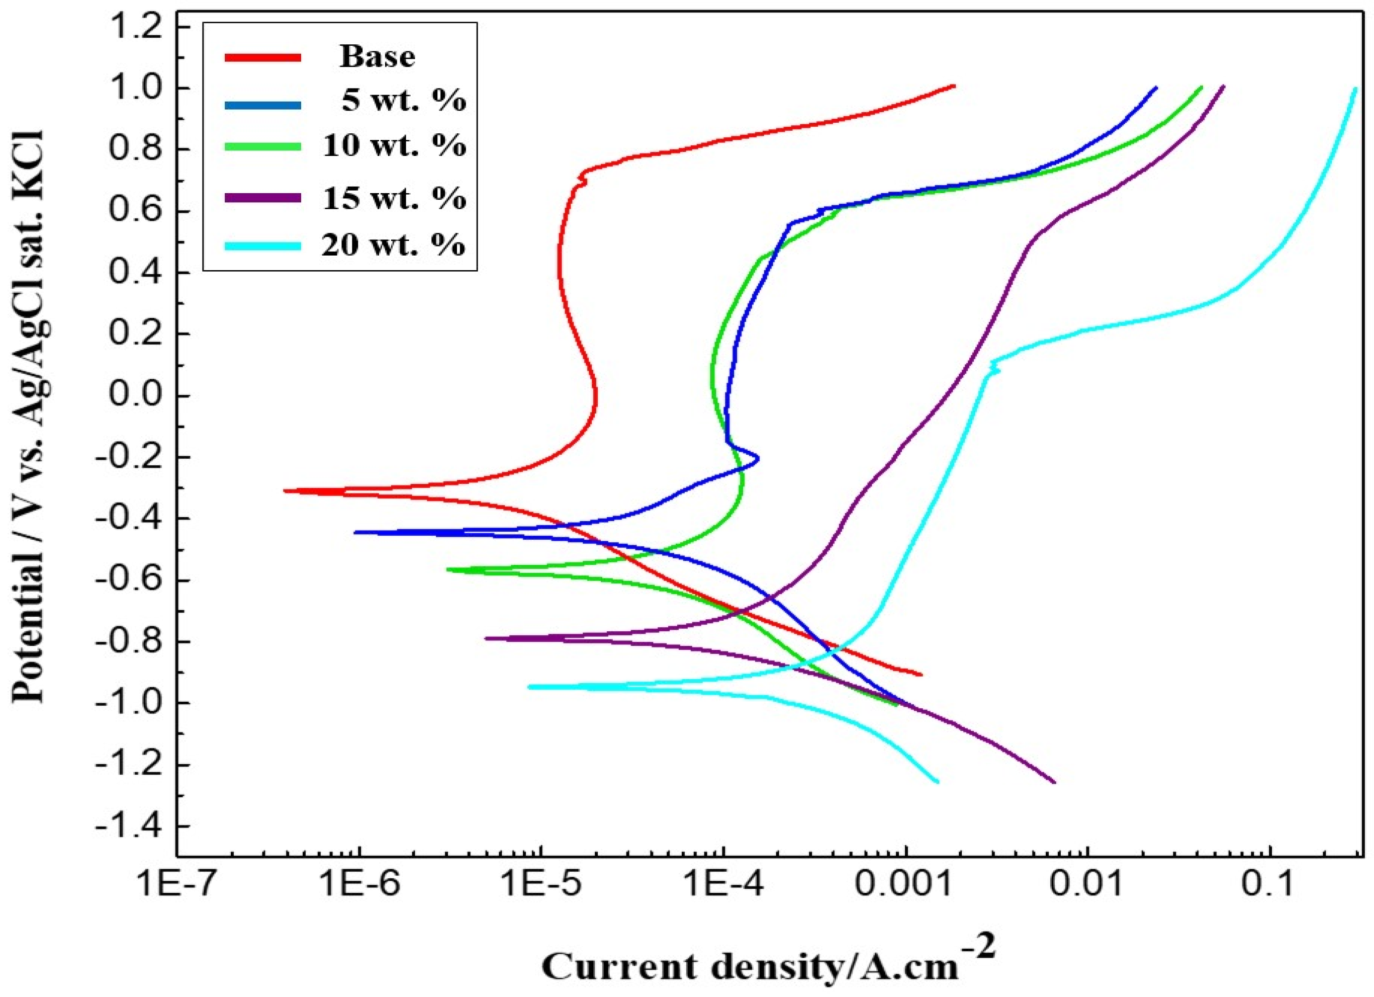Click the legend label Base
click(x=377, y=57)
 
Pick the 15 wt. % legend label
click(x=394, y=198)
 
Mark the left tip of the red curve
click(x=285, y=490)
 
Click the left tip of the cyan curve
click(x=529, y=687)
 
